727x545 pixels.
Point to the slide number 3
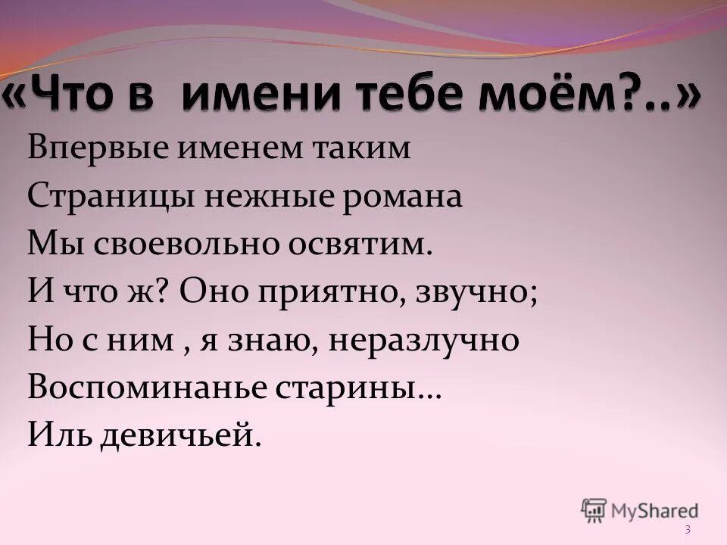688,530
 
